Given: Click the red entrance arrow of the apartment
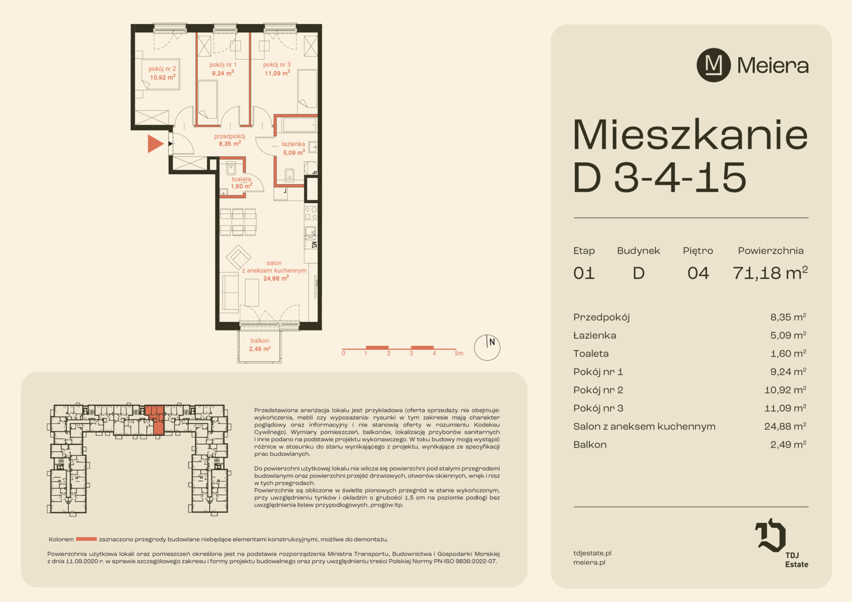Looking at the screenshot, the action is tap(155, 144).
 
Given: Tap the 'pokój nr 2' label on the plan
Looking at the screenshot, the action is tap(162, 69).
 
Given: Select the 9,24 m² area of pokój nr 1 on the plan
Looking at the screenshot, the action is tap(222, 73).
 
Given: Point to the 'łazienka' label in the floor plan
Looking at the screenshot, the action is tap(293, 144).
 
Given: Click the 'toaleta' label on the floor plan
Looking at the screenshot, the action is tap(241, 179).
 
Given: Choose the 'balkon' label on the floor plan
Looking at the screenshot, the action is tap(260, 341).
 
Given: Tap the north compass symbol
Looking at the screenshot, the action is tap(487, 347).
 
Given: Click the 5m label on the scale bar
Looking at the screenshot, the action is tap(459, 353).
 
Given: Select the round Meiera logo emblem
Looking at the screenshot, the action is tap(714, 65).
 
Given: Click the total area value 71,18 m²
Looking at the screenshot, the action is tap(770, 273).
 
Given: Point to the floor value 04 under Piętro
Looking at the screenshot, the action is tap(698, 274).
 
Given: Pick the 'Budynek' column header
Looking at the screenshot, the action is tap(638, 251).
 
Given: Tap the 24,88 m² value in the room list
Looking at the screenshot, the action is tap(785, 426).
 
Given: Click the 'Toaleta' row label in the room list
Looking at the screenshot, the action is tap(590, 353).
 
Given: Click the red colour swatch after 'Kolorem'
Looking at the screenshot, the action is tap(86, 539).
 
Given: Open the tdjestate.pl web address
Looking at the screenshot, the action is tap(592, 553).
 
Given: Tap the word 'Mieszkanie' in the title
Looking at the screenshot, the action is tap(690, 135).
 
